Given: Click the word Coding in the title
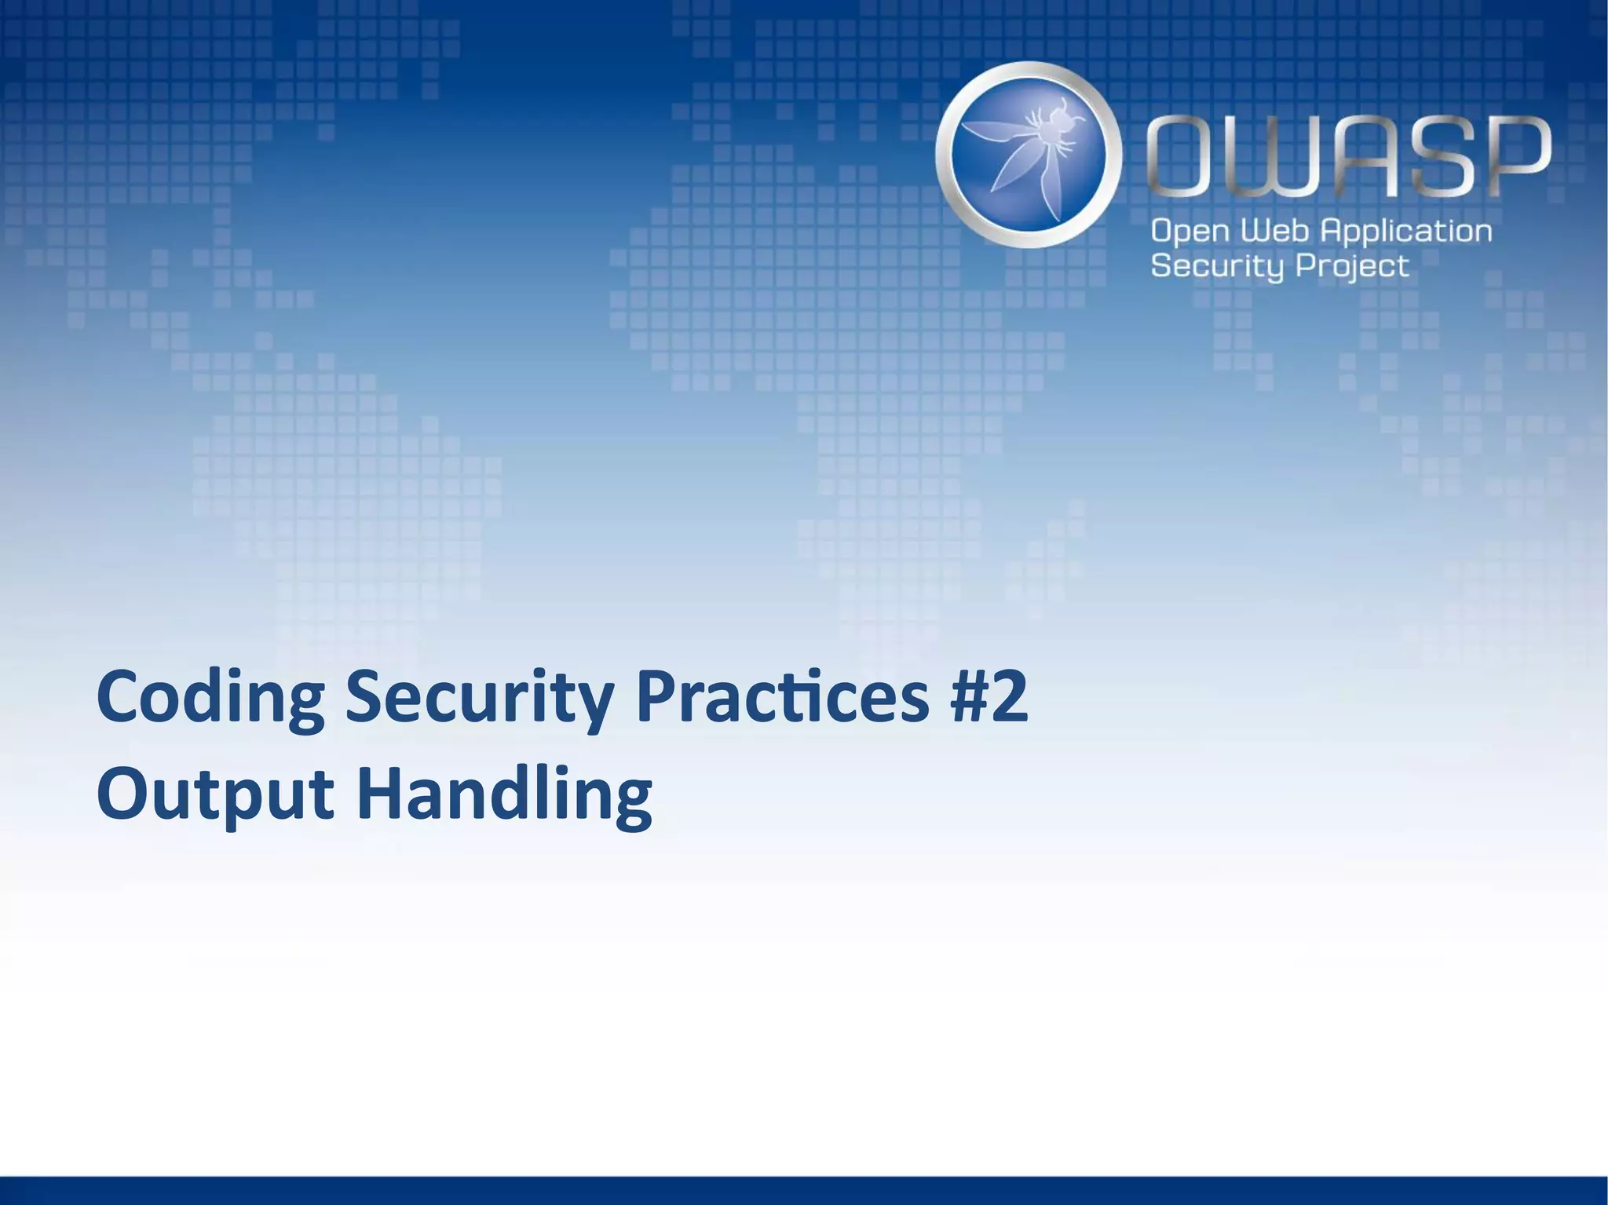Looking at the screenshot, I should coord(210,698).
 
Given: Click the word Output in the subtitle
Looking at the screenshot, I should coord(215,794).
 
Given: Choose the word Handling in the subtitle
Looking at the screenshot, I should coord(504,794).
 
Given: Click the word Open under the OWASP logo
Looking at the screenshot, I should coord(1190,232).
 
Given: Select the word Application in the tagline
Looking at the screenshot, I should coord(1405,232).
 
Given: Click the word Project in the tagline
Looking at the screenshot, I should coord(1351,267).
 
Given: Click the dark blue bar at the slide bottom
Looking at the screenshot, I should coord(804,1190).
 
